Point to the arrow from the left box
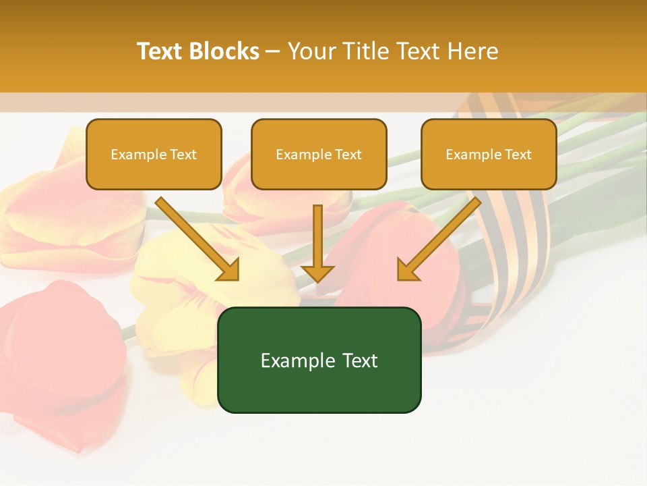195,238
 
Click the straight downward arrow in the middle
317,240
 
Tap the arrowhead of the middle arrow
317,273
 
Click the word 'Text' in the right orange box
518,155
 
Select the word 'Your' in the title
311,51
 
